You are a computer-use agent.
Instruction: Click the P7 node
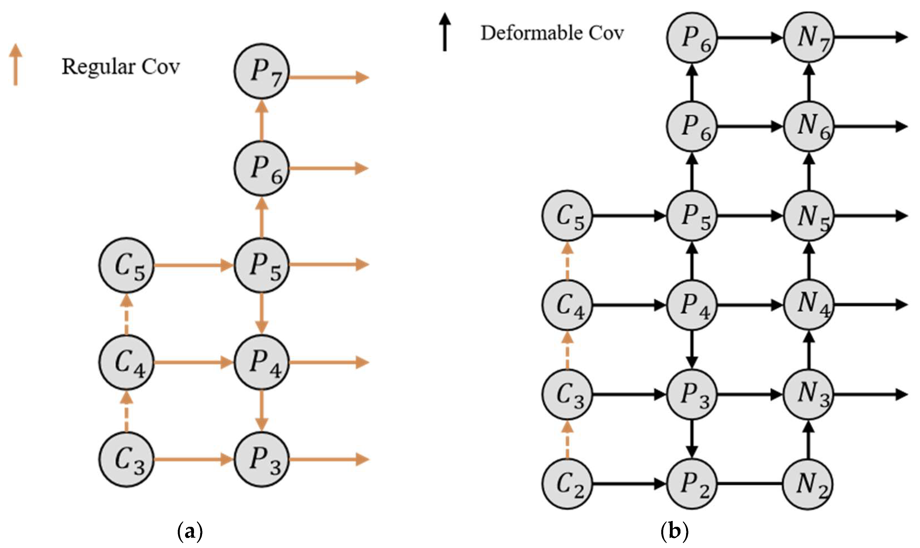[262, 71]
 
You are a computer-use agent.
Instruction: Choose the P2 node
[692, 484]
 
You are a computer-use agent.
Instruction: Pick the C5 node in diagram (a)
[126, 265]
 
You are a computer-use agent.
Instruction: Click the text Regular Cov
[120, 67]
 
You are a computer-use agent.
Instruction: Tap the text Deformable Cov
[552, 33]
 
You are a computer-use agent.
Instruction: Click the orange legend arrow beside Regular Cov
[16, 65]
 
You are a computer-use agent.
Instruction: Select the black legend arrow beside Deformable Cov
[445, 32]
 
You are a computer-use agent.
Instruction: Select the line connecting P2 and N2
[750, 484]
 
